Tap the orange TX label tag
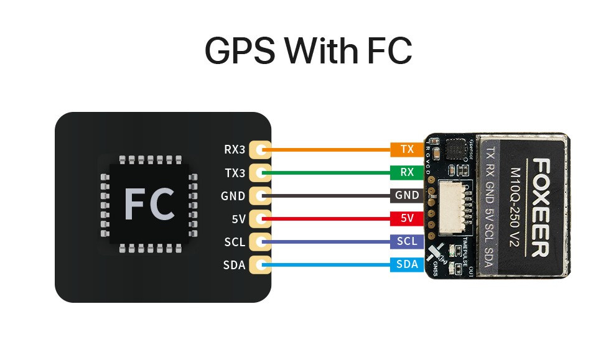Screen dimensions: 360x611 pyautogui.click(x=407, y=150)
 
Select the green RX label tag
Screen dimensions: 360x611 pyautogui.click(x=407, y=172)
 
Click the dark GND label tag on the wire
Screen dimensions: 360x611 pyautogui.click(x=407, y=195)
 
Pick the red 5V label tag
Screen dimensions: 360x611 pyautogui.click(x=407, y=218)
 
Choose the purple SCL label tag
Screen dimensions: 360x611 pyautogui.click(x=407, y=241)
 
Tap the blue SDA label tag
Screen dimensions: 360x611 pyautogui.click(x=407, y=265)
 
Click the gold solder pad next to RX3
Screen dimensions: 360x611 pyautogui.click(x=260, y=150)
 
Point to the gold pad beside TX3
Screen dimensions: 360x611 pyautogui.click(x=260, y=173)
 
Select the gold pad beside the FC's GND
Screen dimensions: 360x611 pyautogui.click(x=260, y=196)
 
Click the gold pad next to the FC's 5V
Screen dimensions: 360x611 pyautogui.click(x=260, y=219)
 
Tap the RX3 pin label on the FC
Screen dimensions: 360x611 pyautogui.click(x=235, y=150)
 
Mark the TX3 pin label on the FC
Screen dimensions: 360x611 pyautogui.click(x=235, y=173)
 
